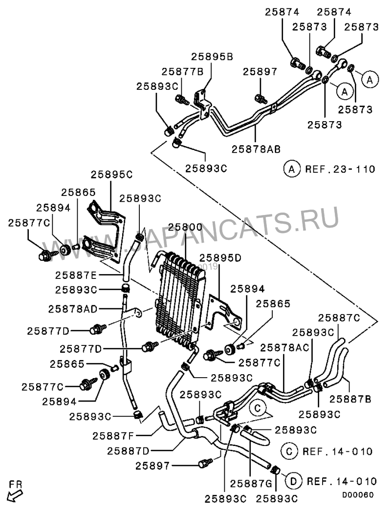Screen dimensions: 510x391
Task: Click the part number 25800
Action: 185,228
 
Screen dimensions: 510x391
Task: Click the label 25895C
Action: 112,174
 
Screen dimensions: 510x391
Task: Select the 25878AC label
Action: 284,347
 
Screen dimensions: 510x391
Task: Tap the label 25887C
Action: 339,317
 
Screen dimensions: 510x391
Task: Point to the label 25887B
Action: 350,399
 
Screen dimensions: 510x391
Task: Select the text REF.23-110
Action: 340,170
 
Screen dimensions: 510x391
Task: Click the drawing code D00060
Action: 358,495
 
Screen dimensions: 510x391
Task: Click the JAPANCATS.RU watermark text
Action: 195,234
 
